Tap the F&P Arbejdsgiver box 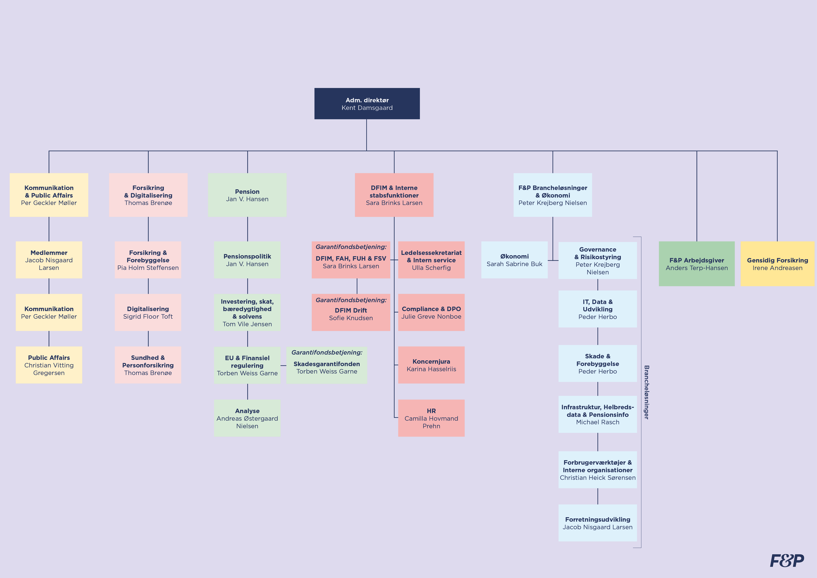[x=696, y=264]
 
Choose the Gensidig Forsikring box [x=777, y=264]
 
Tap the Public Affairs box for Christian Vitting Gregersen [x=49, y=365]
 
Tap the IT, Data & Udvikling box [x=597, y=309]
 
